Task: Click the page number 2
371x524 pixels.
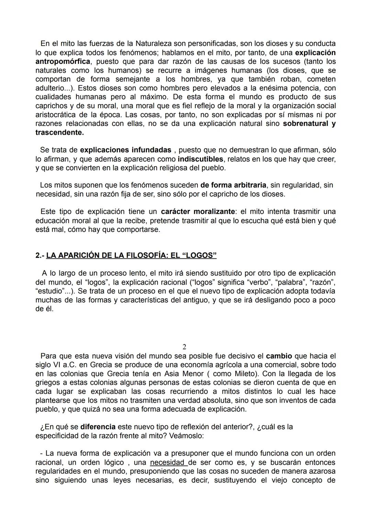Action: click(184, 347)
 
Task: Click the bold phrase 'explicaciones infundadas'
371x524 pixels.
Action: click(125, 150)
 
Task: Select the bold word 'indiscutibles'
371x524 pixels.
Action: click(201, 159)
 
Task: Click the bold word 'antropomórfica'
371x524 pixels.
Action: click(63, 62)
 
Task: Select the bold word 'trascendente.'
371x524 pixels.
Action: click(59, 132)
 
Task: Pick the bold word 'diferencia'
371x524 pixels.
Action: click(98, 427)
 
